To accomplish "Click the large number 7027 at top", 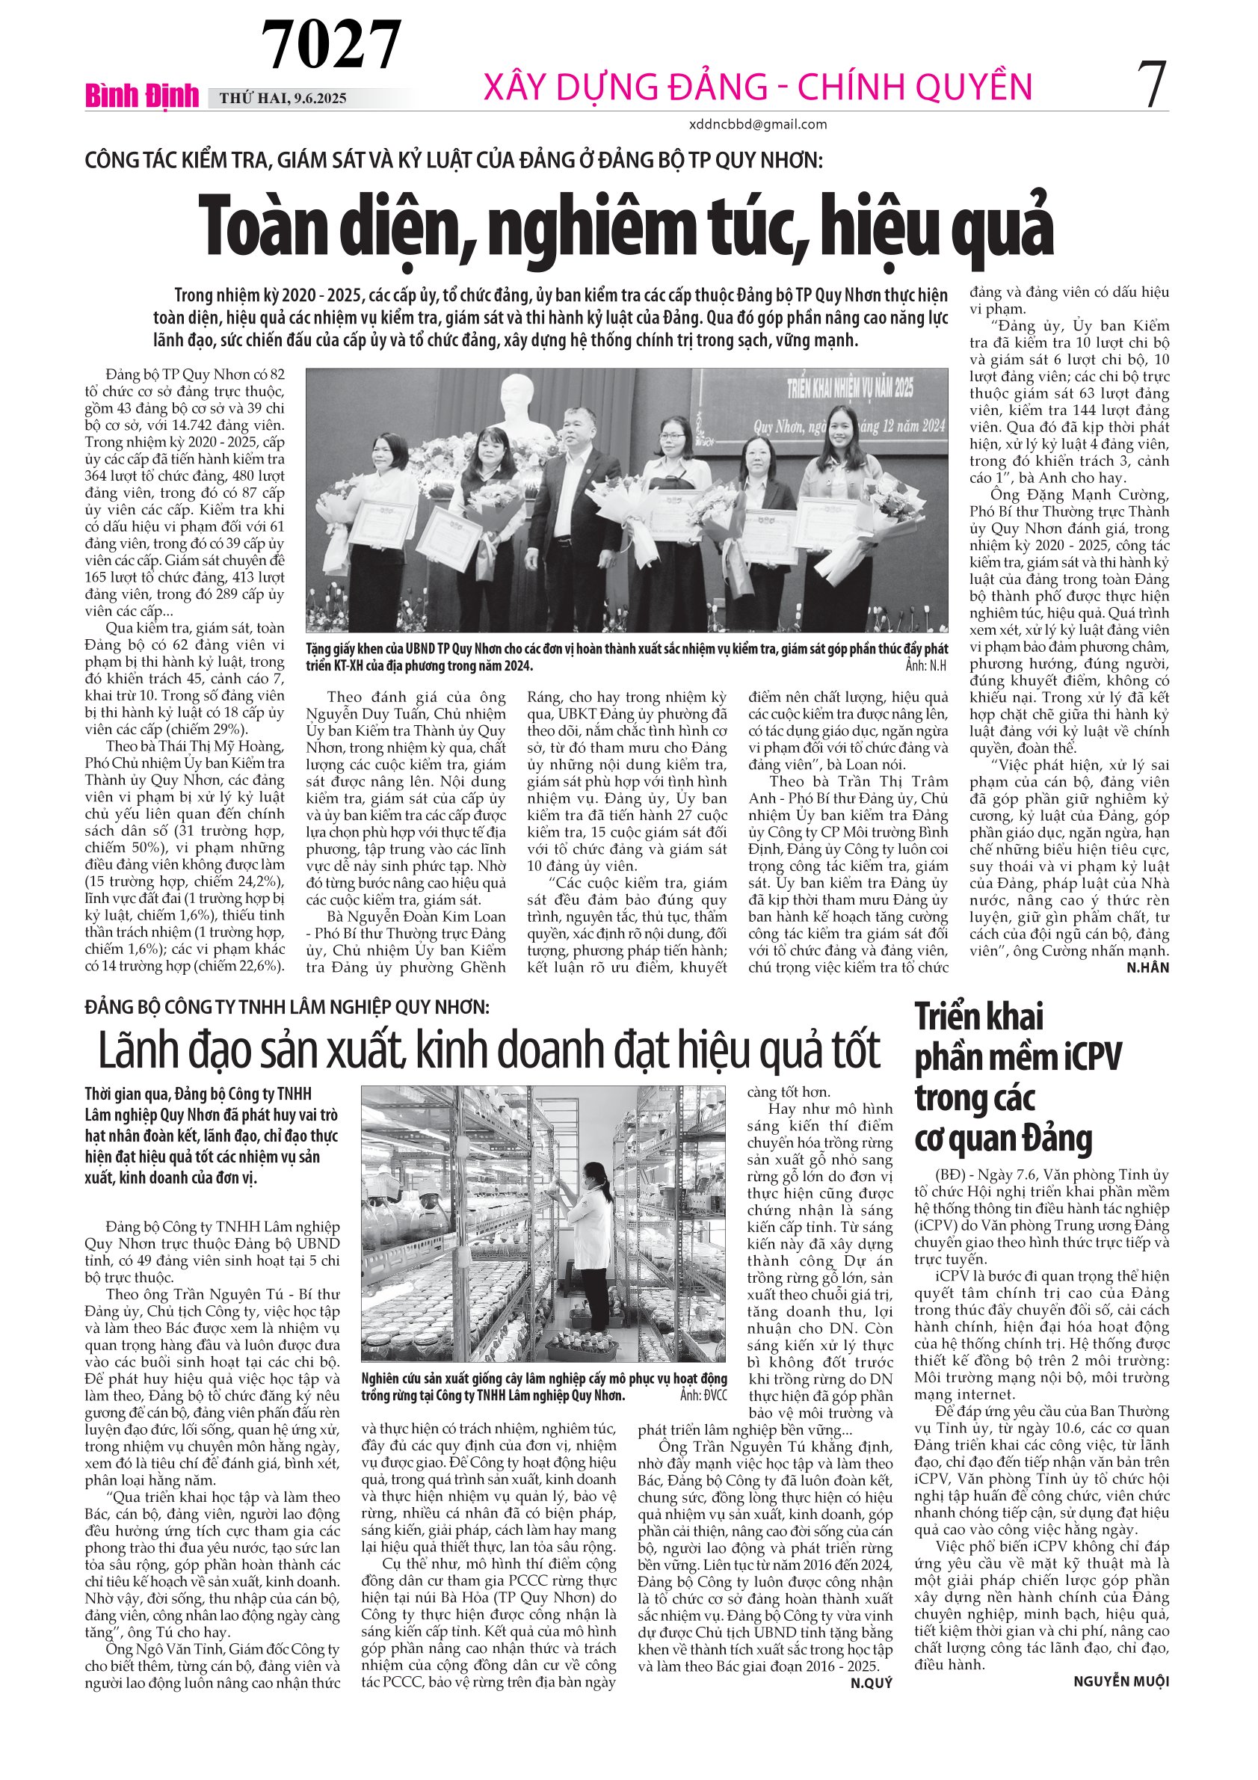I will tap(331, 44).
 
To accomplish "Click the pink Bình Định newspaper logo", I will tap(142, 96).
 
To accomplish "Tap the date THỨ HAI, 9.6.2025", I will tap(283, 99).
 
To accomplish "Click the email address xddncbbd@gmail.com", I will tap(757, 124).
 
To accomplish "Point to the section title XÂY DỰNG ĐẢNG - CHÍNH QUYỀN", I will tap(757, 87).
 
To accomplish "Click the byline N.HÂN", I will tap(1148, 967).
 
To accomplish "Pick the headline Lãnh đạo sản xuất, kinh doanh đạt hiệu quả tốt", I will tap(488, 1051).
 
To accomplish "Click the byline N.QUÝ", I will tap(872, 1683).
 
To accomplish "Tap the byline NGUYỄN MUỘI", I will tap(1120, 1681).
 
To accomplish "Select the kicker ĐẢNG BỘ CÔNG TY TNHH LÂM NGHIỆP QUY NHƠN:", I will tap(287, 1007).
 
